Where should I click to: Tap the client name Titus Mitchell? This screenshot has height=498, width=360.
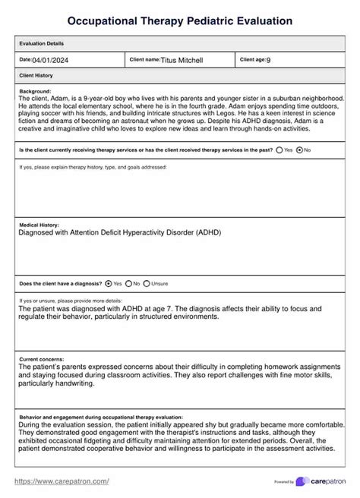pyautogui.click(x=182, y=60)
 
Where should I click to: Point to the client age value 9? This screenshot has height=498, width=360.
pyautogui.click(x=268, y=60)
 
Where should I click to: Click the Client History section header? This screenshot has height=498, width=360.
pyautogui.click(x=35, y=76)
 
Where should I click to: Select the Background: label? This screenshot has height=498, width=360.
pyautogui.click(x=35, y=91)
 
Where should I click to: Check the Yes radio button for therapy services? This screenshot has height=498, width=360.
pyautogui.click(x=279, y=150)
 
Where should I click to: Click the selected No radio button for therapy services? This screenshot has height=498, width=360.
pyautogui.click(x=299, y=150)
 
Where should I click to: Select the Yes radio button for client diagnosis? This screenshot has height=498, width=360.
pyautogui.click(x=109, y=283)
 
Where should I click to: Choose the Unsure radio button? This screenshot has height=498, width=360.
pyautogui.click(x=147, y=283)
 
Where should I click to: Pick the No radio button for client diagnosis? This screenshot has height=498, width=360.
pyautogui.click(x=128, y=283)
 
